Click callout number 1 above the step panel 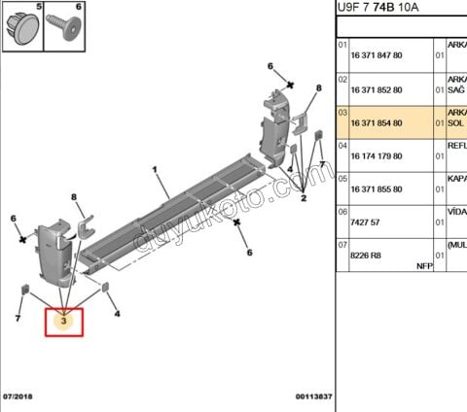154,170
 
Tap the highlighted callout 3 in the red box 63,320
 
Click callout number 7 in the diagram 18,318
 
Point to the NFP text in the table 424,264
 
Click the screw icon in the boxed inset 70,23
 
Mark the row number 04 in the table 342,145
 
